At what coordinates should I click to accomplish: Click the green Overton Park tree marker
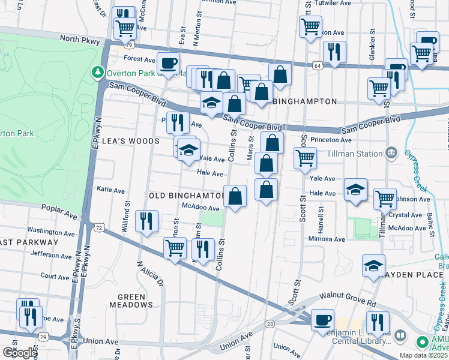97,73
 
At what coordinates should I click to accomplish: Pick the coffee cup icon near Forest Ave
168,62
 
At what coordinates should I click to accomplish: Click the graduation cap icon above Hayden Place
373,265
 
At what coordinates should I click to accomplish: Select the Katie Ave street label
110,190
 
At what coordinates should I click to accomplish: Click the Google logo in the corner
20,353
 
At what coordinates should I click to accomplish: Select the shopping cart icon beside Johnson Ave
384,197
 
